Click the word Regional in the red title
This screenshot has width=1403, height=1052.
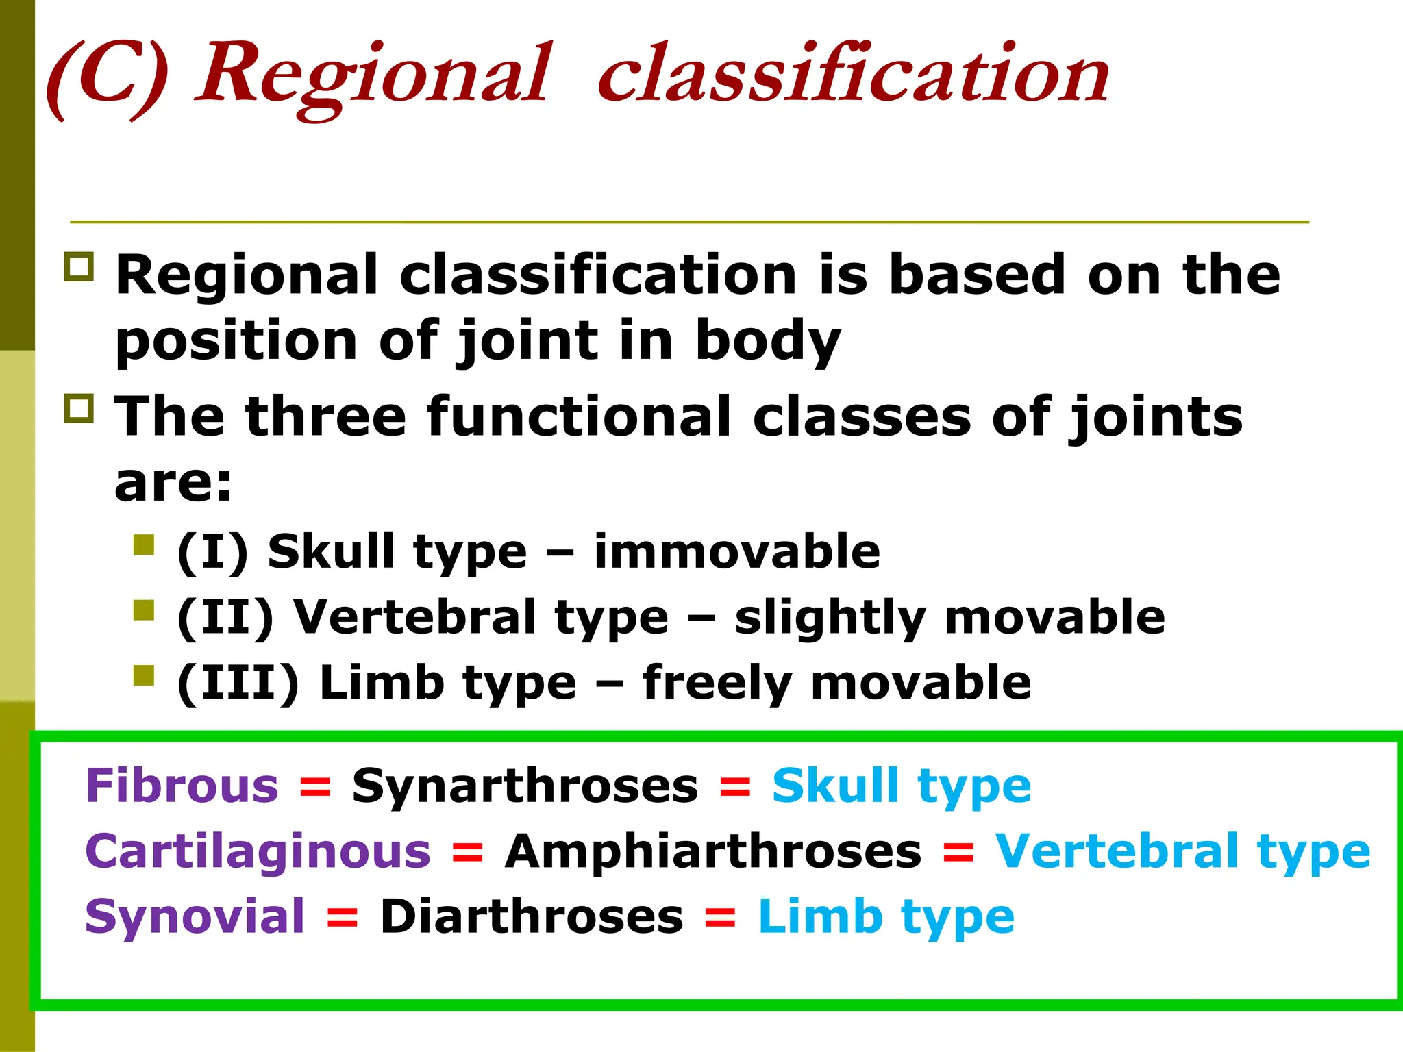[x=373, y=74]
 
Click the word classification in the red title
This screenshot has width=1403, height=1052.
[x=853, y=74]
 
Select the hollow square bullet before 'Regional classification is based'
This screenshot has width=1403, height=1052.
[x=79, y=267]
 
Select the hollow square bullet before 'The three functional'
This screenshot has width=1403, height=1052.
[x=79, y=408]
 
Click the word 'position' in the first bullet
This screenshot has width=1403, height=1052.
[x=236, y=340]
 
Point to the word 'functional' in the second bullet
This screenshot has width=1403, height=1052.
[x=589, y=416]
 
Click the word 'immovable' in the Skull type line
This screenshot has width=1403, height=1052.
[x=736, y=551]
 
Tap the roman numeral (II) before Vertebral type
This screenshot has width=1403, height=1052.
[x=226, y=617]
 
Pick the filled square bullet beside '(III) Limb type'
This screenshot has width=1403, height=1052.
[x=144, y=675]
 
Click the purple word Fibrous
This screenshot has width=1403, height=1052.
[x=182, y=786]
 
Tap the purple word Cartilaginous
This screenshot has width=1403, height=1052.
[x=258, y=851]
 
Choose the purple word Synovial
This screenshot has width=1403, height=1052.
[x=195, y=916]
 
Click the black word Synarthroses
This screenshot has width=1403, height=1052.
[x=525, y=786]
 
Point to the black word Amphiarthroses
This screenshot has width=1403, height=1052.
[x=713, y=851]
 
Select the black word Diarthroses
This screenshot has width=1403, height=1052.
[x=532, y=916]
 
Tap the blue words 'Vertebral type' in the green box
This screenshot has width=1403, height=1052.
[x=1182, y=851]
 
